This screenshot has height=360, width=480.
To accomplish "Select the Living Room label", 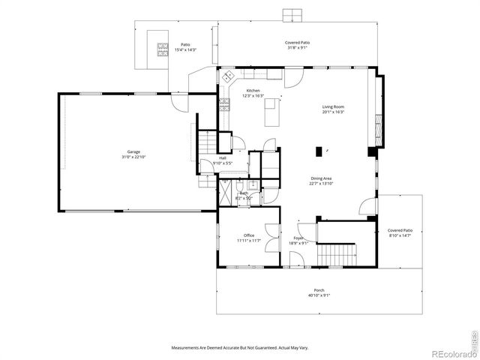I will click(x=333, y=109).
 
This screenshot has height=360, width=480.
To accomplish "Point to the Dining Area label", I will click(x=322, y=181).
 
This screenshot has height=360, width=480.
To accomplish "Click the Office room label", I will click(x=248, y=238).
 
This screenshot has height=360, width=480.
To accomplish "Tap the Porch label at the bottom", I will click(x=319, y=292).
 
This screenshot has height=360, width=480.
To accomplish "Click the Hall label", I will click(x=223, y=160).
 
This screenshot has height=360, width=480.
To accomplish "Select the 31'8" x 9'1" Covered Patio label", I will click(x=298, y=46).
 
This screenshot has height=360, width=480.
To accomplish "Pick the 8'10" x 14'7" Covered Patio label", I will click(x=400, y=232).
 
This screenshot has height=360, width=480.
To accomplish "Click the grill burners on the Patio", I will click(x=163, y=49).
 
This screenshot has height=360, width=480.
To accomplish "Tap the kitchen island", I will click(x=272, y=115).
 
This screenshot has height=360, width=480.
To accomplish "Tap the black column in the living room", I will click(x=319, y=151).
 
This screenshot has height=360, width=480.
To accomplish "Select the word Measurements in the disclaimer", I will click(x=188, y=348).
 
